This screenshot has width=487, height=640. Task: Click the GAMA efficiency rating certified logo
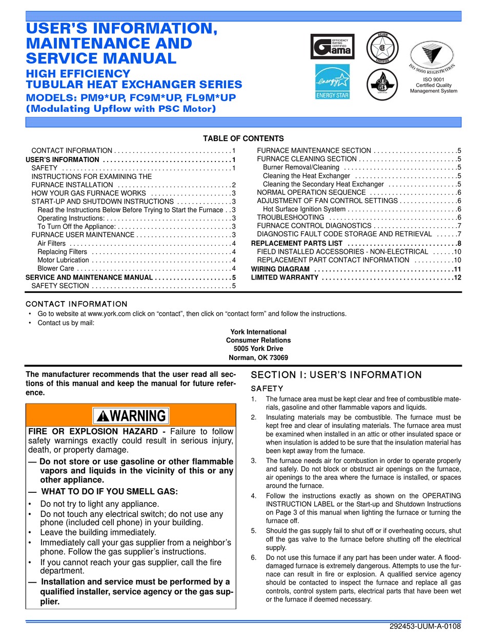[x=332, y=47]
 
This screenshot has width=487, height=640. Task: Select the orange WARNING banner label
[x=131, y=415]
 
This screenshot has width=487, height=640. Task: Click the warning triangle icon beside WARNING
[x=103, y=416]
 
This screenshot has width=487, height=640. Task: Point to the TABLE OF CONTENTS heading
[x=243, y=138]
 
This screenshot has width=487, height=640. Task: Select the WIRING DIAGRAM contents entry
[x=280, y=269]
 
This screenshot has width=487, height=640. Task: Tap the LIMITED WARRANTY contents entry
[x=285, y=277]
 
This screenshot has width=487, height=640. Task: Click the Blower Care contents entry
[x=56, y=269]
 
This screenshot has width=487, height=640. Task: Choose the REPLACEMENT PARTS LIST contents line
[x=296, y=243]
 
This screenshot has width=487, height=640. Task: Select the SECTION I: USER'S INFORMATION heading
[x=336, y=375]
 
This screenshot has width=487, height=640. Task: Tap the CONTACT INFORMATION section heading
[x=76, y=304]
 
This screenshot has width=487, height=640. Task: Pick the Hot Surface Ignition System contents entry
[x=304, y=209]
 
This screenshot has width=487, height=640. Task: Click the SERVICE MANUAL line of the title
[x=102, y=58]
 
